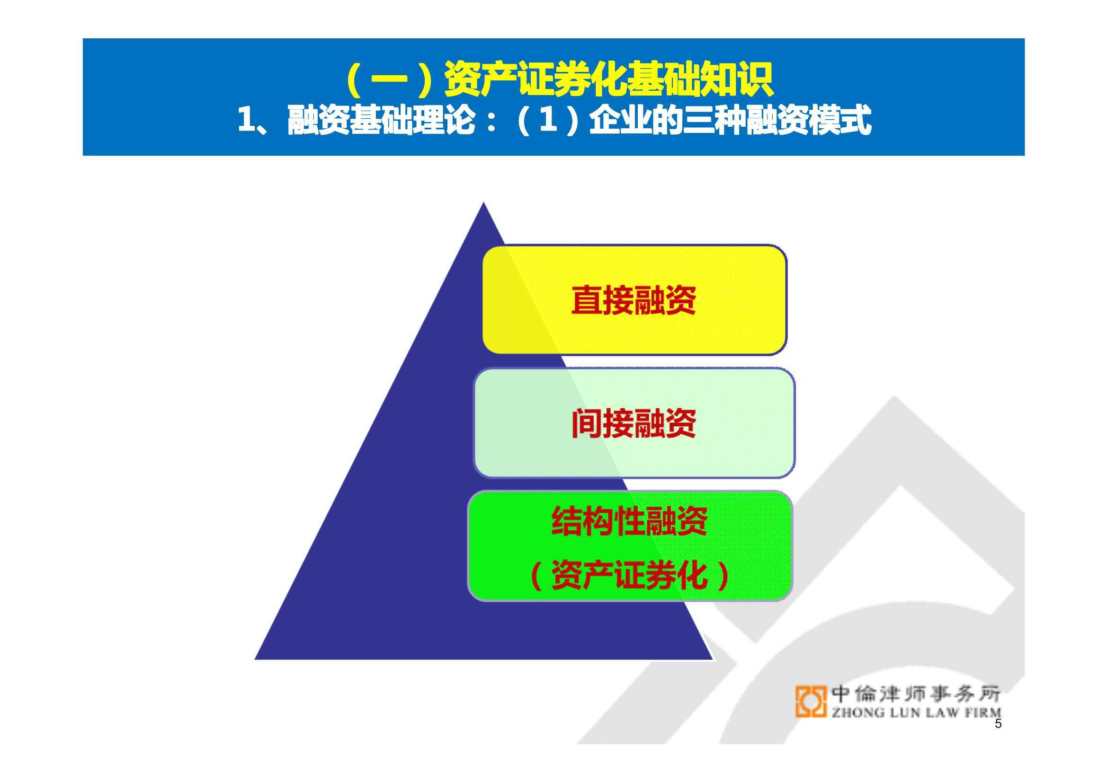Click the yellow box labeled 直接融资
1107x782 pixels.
(x=634, y=299)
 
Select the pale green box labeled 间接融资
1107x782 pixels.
(x=634, y=422)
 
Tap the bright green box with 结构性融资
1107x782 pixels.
(x=630, y=546)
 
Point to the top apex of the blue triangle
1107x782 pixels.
(x=483, y=202)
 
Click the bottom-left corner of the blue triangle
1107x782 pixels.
(x=255, y=659)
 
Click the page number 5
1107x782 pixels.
(x=998, y=737)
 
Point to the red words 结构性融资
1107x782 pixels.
(x=630, y=521)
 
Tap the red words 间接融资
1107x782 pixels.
(x=634, y=423)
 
